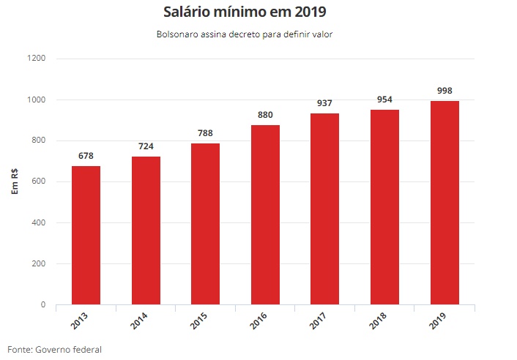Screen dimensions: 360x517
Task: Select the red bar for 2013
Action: click(x=86, y=235)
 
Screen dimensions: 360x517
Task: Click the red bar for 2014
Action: click(x=146, y=230)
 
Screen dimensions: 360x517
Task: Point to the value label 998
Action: click(x=445, y=91)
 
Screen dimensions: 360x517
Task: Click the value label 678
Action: click(x=86, y=156)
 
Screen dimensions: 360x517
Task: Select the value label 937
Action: click(x=324, y=103)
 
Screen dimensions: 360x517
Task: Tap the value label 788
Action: click(x=206, y=133)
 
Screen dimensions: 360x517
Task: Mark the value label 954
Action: click(x=384, y=100)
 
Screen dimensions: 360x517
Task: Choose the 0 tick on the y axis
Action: click(x=43, y=304)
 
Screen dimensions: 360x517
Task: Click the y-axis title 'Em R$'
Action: click(x=15, y=181)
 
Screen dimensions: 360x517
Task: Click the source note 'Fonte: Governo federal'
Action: click(x=54, y=349)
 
